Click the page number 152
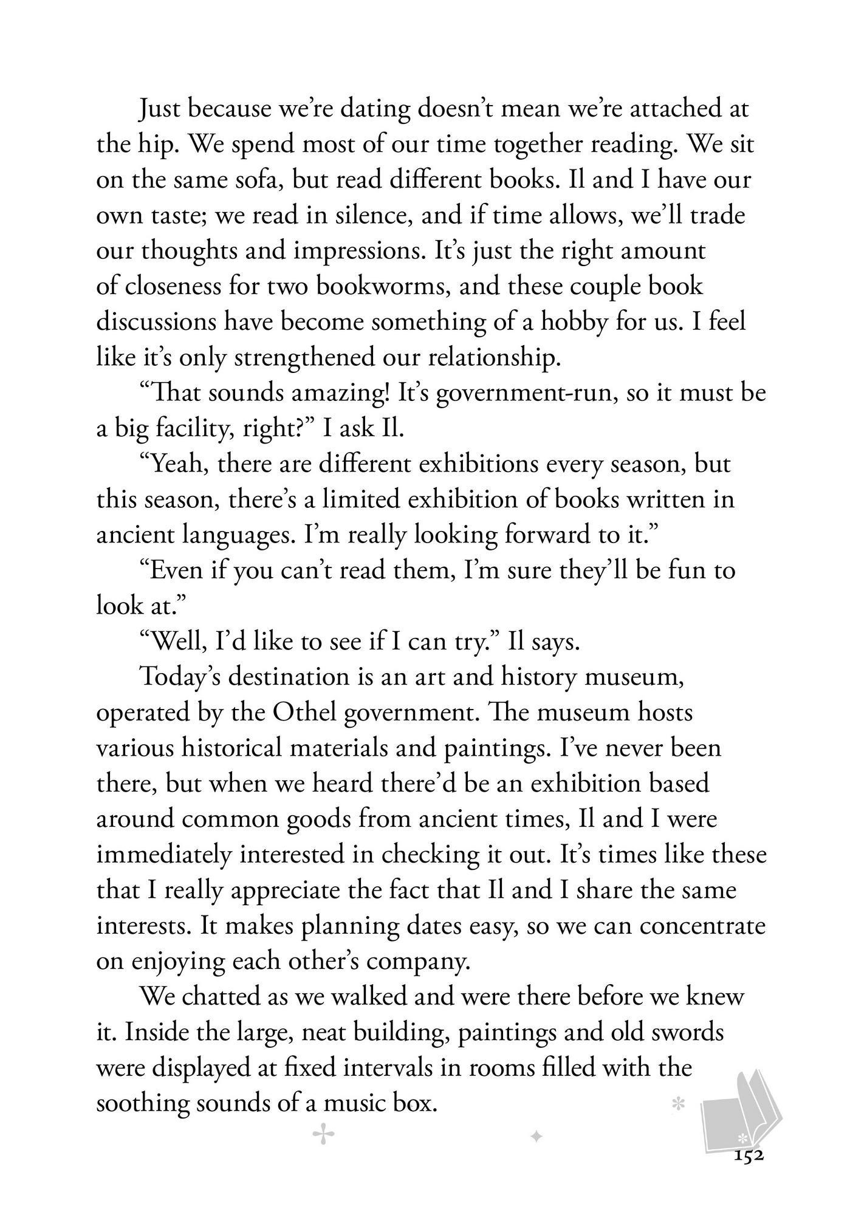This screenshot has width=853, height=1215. [748, 1156]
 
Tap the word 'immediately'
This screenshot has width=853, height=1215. [164, 854]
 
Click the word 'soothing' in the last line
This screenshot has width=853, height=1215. [143, 1103]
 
